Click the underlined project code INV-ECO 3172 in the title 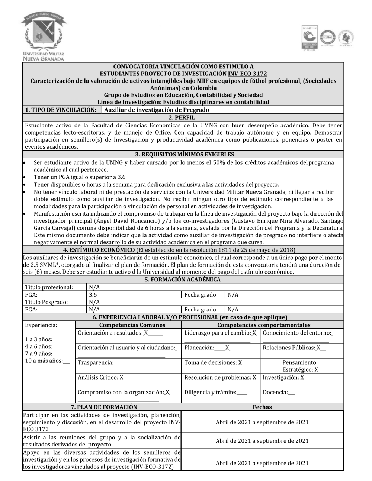[247, 74]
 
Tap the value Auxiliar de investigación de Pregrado [157, 110]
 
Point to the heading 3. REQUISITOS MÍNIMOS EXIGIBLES [183, 154]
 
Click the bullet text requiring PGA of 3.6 [80, 177]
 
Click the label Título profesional [49, 287]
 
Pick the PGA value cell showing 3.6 [93, 294]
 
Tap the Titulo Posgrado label [46, 302]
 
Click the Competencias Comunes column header [127, 325]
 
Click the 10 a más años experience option [47, 361]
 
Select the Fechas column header [262, 407]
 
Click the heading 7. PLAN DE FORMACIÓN [104, 407]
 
